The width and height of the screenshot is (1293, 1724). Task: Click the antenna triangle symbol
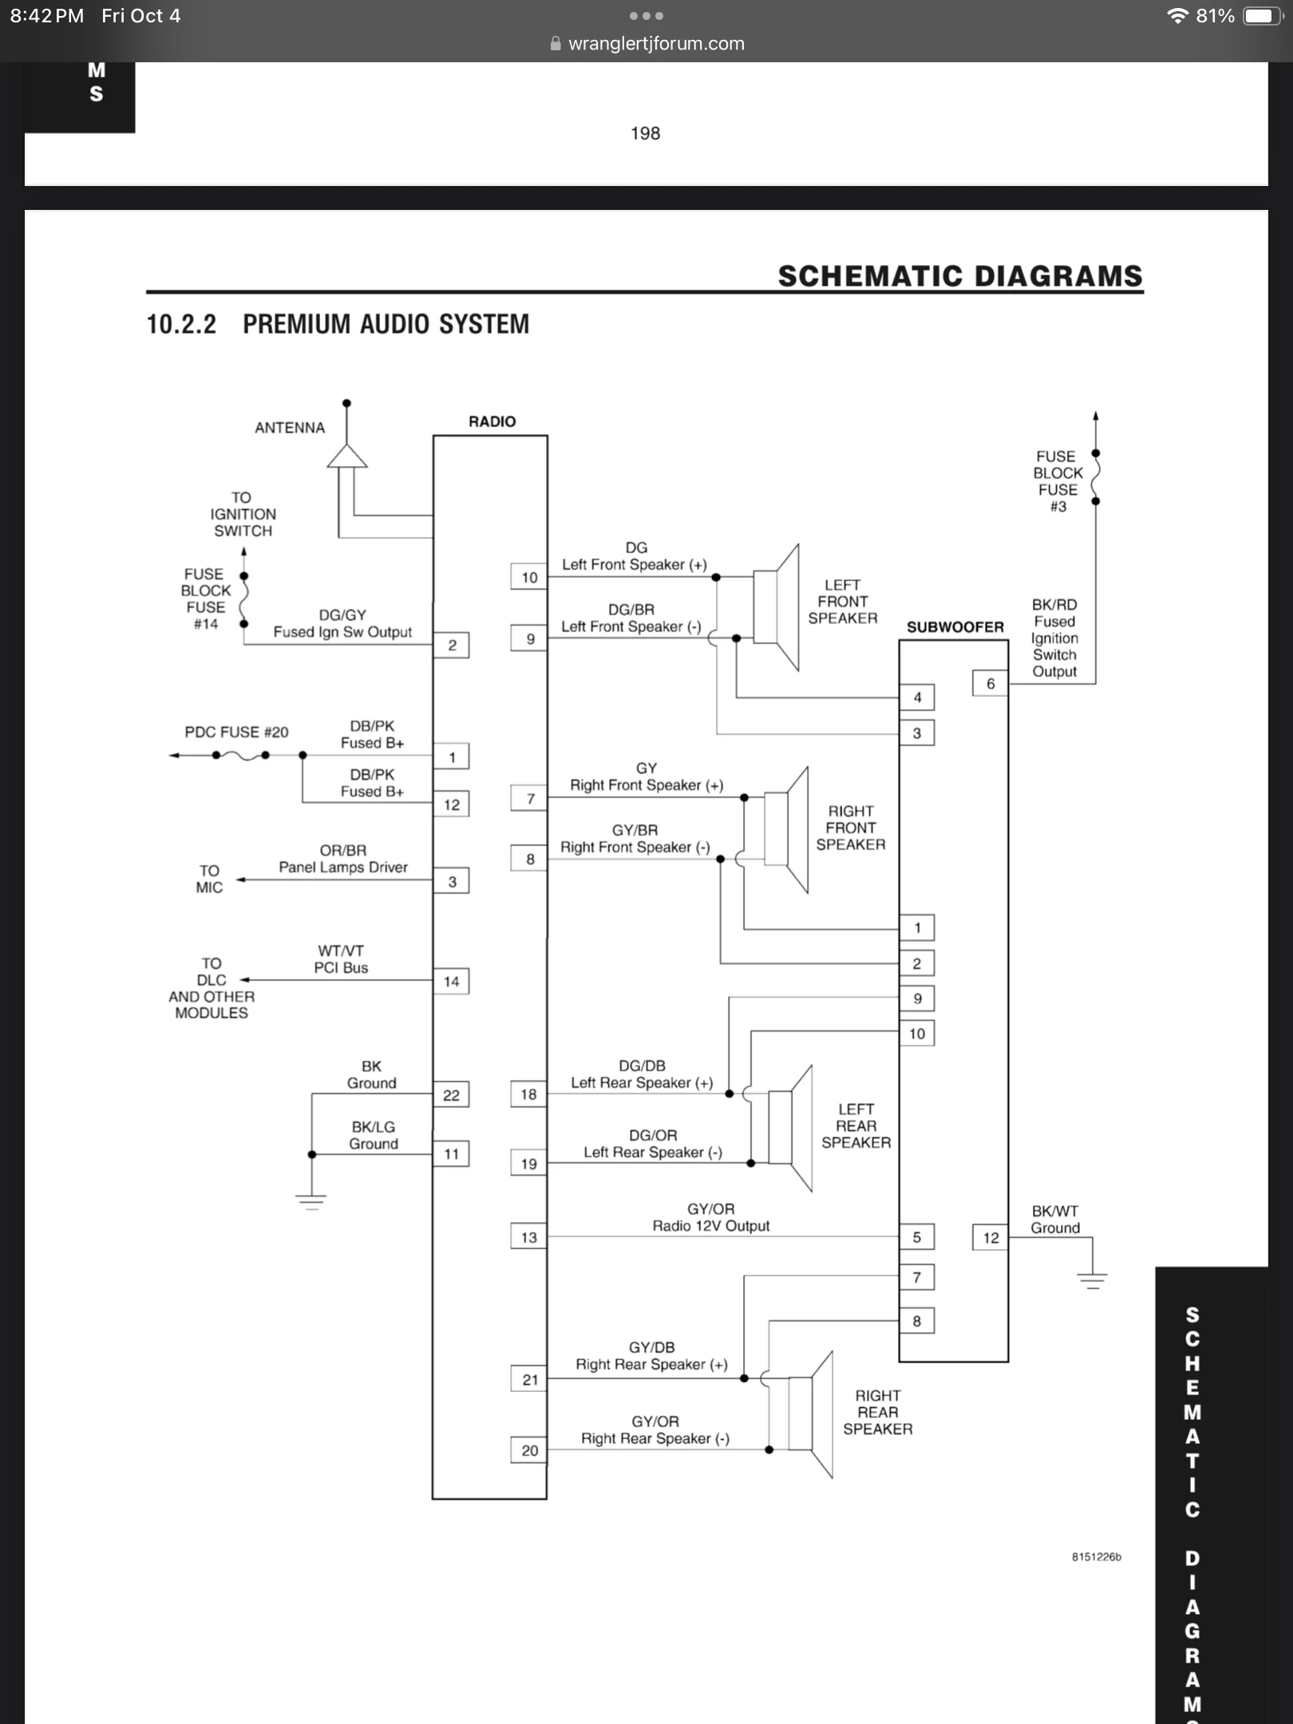coord(347,456)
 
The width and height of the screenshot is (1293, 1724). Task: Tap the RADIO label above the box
coord(492,421)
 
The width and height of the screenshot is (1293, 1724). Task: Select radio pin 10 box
coord(529,577)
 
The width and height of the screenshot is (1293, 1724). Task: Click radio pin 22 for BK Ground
coord(451,1095)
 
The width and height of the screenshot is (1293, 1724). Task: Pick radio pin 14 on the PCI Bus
coord(451,981)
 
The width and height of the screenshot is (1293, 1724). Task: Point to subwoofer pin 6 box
coord(991,683)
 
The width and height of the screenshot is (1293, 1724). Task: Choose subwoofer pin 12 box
coord(991,1238)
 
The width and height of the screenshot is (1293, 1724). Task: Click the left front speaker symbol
coord(776,608)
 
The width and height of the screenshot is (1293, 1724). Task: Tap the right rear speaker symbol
coord(811,1414)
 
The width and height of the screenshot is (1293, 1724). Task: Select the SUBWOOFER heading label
coord(955,627)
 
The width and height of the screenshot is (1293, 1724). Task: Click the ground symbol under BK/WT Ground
coord(1092,1280)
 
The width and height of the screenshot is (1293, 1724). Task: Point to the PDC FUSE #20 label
coord(236,732)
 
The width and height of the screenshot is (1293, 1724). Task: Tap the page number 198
coord(645,133)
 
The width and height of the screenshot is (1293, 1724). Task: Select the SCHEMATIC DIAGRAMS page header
coord(960,276)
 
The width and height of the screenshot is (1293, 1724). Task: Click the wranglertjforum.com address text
coord(656,44)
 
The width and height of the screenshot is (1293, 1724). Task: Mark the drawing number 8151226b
coord(1096,1556)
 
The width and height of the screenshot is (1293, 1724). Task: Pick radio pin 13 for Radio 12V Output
coord(529,1237)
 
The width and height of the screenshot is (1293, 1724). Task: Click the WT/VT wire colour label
coord(341,951)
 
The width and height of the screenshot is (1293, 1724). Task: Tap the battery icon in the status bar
coord(1263,16)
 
